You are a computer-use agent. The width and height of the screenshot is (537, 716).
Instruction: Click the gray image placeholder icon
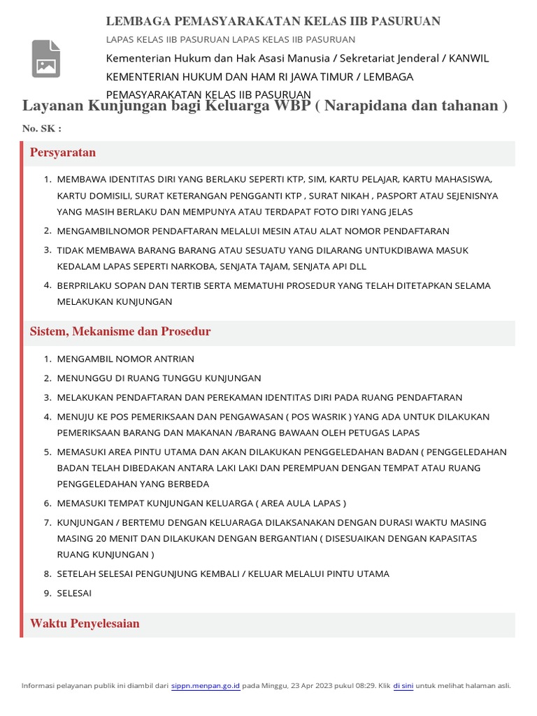point(46,59)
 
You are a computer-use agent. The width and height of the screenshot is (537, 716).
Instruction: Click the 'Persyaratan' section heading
point(63,152)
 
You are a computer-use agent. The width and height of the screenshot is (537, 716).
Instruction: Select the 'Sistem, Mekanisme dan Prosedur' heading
point(120,331)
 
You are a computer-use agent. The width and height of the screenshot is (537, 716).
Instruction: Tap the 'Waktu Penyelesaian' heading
point(85,624)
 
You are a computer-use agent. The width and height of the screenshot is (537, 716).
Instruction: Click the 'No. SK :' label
point(42,129)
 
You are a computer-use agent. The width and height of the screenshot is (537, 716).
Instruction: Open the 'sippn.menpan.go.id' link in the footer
point(206,686)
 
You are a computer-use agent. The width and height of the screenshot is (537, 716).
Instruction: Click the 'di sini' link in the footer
point(403,686)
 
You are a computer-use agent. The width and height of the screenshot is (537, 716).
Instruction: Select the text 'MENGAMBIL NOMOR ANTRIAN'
point(126,359)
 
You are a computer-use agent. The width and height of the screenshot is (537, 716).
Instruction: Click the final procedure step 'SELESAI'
point(74,593)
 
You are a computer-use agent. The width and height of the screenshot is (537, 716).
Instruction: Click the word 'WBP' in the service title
point(296,106)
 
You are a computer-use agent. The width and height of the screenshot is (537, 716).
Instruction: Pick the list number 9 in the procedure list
point(47,593)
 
